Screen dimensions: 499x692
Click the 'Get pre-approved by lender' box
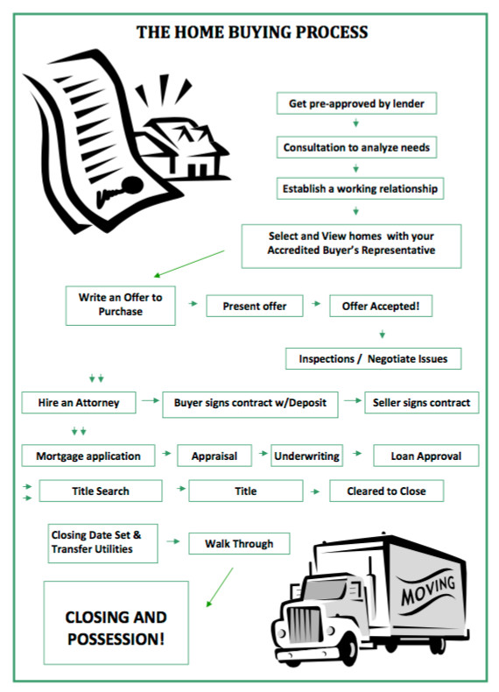(356, 103)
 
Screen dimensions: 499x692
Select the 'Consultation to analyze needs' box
(356, 147)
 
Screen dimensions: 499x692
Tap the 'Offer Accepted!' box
(381, 306)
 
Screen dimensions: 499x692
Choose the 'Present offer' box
(255, 306)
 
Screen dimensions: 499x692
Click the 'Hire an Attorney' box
(79, 402)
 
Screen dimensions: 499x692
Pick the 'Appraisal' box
(214, 455)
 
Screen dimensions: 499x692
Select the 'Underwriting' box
(306, 455)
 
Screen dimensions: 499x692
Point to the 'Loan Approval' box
(426, 455)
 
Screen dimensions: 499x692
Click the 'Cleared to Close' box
(386, 491)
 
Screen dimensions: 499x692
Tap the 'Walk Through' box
(239, 543)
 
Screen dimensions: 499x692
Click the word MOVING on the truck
(428, 590)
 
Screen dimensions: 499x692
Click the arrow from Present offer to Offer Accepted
(316, 304)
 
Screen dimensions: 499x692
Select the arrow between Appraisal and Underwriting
(264, 453)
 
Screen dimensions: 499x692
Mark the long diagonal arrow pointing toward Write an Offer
(189, 264)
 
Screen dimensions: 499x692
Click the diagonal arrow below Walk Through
(219, 588)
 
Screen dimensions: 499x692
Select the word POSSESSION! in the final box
(116, 639)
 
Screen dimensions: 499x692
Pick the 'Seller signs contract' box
(422, 402)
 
